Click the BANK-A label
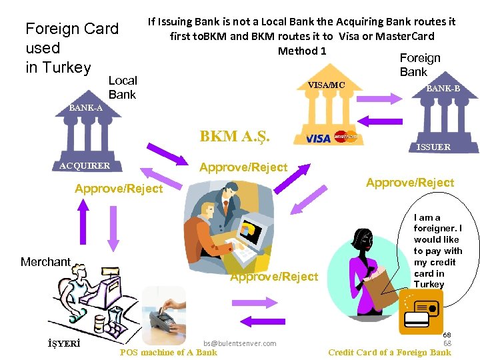pos(86,108)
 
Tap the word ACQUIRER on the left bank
pos(84,165)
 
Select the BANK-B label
pos(443,88)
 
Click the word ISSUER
pos(433,147)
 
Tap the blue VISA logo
pos(318,139)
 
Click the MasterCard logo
pos(345,137)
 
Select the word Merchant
pos(45,262)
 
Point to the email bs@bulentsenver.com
pos(240,343)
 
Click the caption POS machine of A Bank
pos(168,353)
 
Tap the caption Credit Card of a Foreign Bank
pos(389,353)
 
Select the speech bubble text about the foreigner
pos(437,251)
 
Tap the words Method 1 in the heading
pos(302,51)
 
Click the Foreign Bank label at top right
pos(419,65)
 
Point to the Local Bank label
pos(122,87)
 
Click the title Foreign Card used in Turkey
pos(71,48)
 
